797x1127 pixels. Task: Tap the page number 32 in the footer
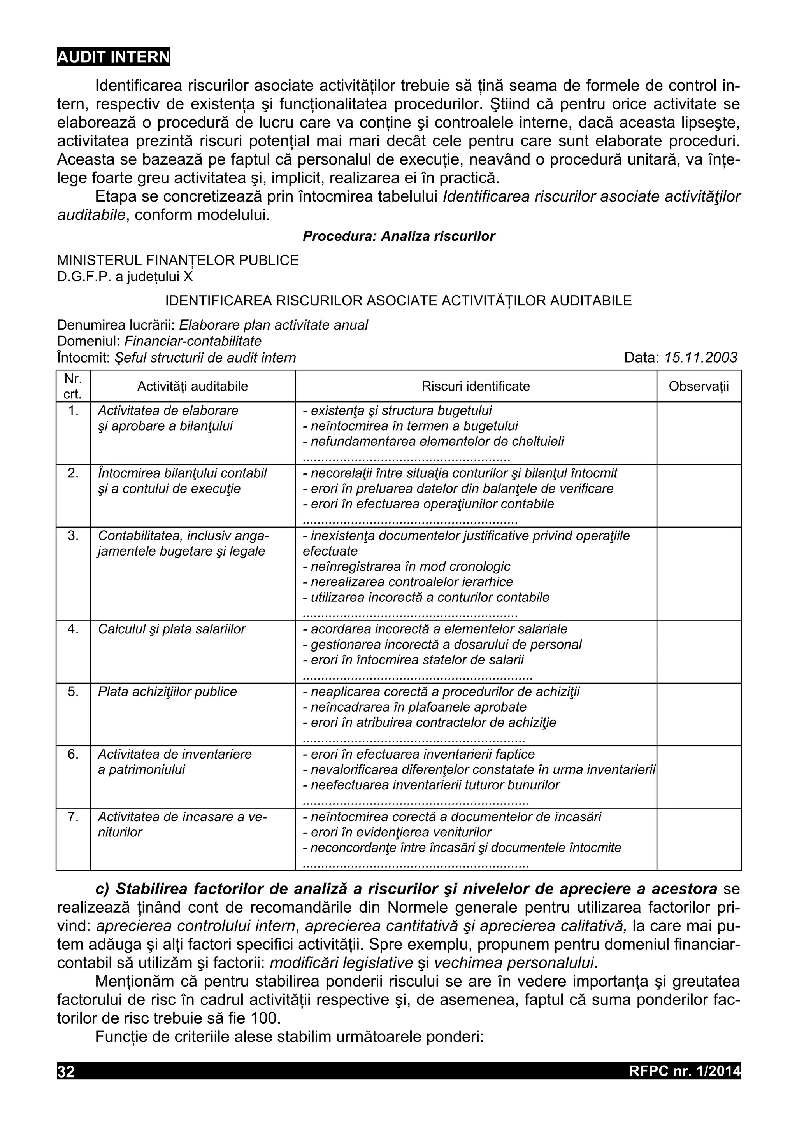pos(66,1071)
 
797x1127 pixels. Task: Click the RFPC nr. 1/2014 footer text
pos(684,1071)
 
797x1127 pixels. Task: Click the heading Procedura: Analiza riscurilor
pos(399,236)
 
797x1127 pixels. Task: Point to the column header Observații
pos(698,386)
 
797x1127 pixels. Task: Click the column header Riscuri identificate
pos(475,386)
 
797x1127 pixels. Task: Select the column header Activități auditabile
pos(193,386)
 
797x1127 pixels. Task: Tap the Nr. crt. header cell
pos(73,386)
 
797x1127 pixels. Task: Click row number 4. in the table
pos(73,629)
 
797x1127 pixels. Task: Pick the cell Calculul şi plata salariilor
pos(171,629)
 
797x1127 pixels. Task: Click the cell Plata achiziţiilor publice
pos(167,692)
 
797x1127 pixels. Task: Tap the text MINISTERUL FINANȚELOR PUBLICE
pos(178,260)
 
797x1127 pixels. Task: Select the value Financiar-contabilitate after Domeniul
pos(193,341)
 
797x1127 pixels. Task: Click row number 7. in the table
pos(73,817)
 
